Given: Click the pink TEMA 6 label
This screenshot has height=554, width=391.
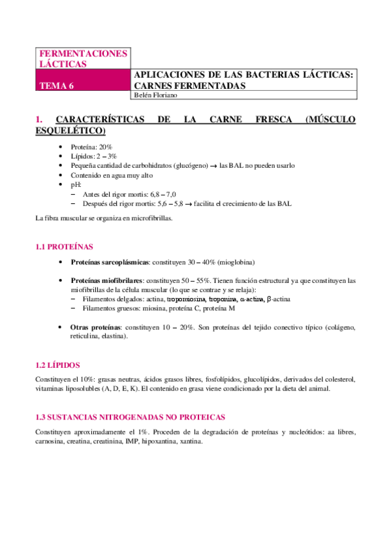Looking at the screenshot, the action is pyautogui.click(x=57, y=85).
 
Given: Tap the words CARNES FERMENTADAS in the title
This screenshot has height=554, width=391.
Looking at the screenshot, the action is pyautogui.click(x=189, y=86).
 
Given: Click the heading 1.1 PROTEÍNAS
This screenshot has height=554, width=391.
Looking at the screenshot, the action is pyautogui.click(x=64, y=247).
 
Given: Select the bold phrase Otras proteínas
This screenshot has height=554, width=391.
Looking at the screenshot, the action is pyautogui.click(x=95, y=327).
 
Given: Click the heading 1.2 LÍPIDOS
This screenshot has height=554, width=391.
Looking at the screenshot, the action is pyautogui.click(x=57, y=365).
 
